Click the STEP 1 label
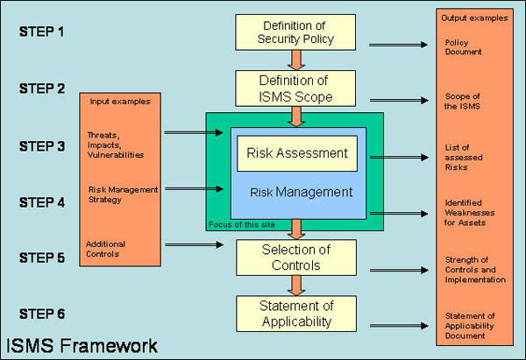(x=41, y=32)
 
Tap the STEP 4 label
(x=41, y=202)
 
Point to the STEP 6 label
(x=41, y=314)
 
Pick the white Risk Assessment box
(x=295, y=153)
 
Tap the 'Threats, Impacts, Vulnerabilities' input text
(x=114, y=145)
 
